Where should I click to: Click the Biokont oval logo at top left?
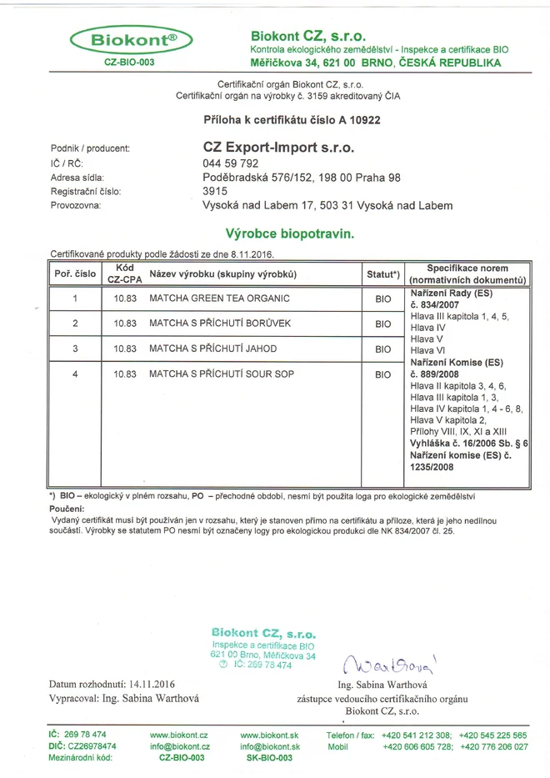[132, 40]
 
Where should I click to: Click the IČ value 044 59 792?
[231, 163]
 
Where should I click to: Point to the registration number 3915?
[215, 191]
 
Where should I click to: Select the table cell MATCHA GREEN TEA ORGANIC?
[219, 299]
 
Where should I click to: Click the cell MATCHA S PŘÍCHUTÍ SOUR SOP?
[221, 374]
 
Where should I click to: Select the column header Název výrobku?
[222, 274]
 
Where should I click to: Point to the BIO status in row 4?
[382, 375]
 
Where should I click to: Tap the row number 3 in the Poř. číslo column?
[75, 349]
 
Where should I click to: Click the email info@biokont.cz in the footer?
[179, 747]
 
